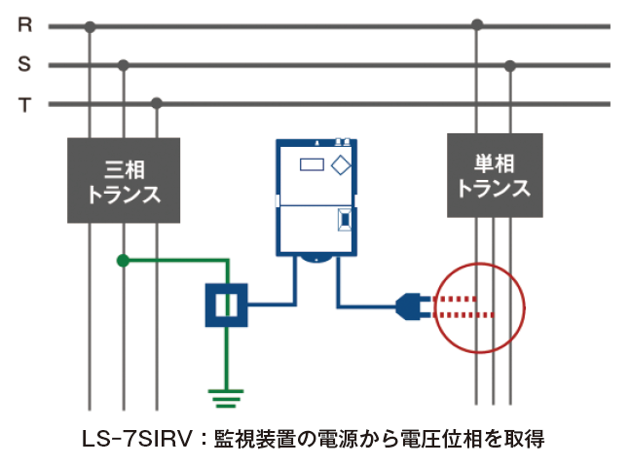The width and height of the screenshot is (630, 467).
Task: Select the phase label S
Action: (x=24, y=65)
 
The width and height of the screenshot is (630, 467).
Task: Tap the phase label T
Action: (x=24, y=104)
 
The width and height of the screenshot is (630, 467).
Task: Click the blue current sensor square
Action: (x=227, y=305)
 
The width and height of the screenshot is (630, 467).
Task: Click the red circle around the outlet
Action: (x=478, y=307)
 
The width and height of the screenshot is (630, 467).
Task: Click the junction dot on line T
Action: (x=157, y=103)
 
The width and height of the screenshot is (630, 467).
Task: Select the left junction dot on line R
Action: (x=90, y=26)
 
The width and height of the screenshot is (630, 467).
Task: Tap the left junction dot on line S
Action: (x=124, y=65)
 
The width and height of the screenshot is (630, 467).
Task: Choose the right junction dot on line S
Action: (x=509, y=65)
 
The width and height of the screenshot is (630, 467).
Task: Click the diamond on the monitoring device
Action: (x=341, y=164)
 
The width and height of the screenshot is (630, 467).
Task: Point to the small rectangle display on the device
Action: (x=312, y=164)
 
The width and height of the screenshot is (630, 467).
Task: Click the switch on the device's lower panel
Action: (x=344, y=221)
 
